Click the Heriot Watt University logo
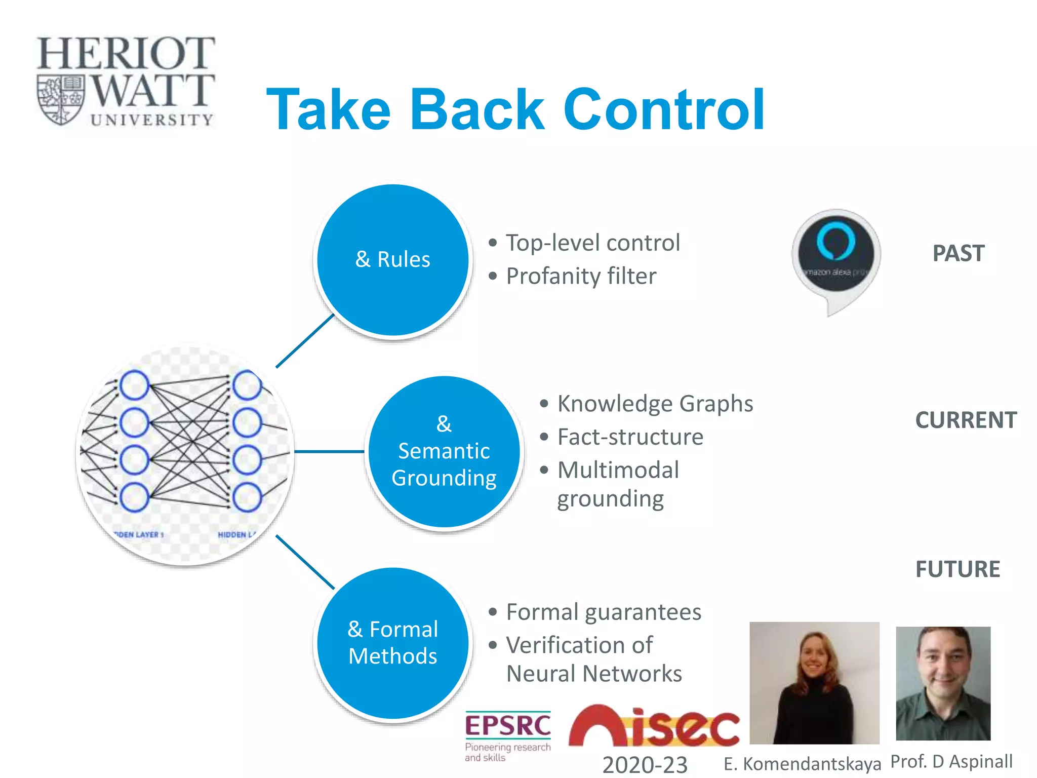coord(126,81)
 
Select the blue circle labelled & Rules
coord(392,259)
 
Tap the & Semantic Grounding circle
coord(444,451)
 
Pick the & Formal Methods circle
coord(392,643)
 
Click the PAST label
coord(958,253)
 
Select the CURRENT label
coord(966,420)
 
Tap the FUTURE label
coord(958,569)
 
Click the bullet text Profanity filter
coord(581,277)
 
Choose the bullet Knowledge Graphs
coord(655,404)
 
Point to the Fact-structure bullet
coord(630,437)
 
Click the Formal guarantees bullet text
coord(604,612)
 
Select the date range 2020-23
coord(645,764)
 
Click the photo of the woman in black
coord(814,683)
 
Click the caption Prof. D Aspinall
coord(951,761)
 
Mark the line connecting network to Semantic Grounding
coord(329,451)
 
